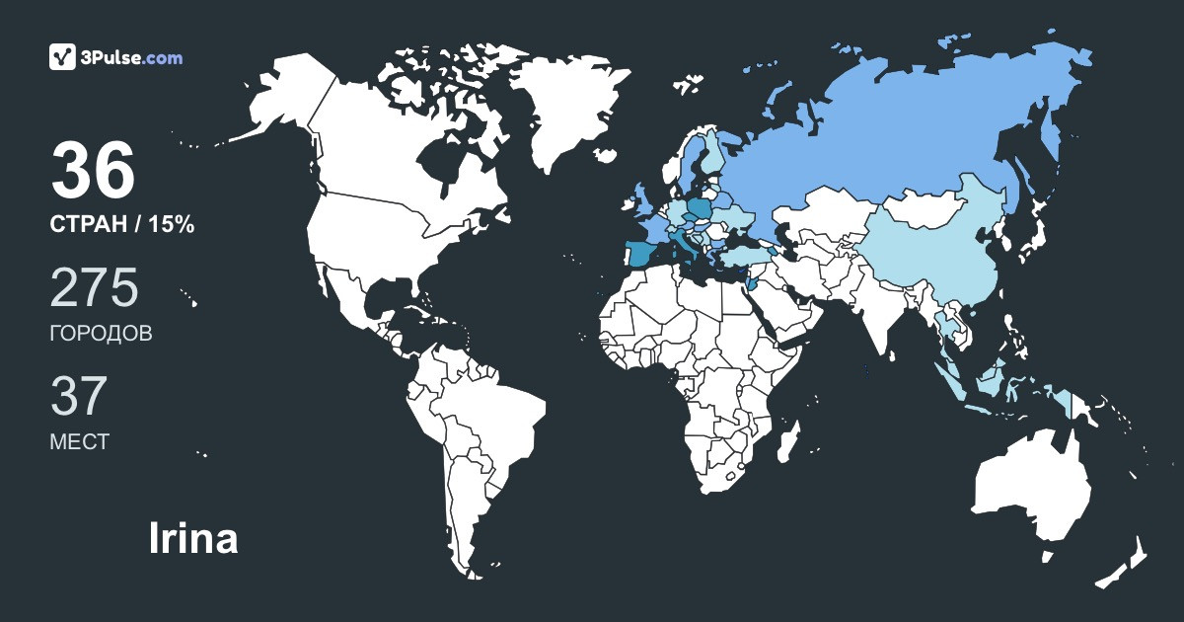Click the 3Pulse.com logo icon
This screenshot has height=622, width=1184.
coord(63,57)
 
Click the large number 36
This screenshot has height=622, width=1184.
coord(93,170)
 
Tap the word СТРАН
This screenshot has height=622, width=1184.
coord(88,225)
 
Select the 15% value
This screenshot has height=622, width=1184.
coord(172,225)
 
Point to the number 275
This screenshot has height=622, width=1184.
coord(94,287)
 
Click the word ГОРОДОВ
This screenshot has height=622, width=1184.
coord(101,334)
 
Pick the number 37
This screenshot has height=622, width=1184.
coord(78,396)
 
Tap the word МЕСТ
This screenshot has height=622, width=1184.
coord(79,442)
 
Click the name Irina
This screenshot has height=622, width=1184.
coord(192,539)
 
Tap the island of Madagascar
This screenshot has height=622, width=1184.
coord(787,440)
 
